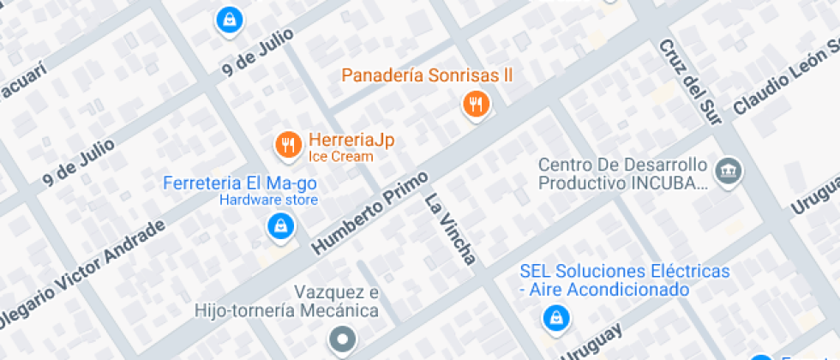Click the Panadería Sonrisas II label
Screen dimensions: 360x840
(427, 75)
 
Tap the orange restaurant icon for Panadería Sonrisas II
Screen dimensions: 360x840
(476, 105)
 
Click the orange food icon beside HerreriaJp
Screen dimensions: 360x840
(289, 145)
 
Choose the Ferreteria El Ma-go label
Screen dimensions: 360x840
(240, 183)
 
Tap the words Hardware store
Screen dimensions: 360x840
(268, 201)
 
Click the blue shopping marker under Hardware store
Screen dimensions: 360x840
(280, 226)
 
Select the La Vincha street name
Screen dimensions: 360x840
(450, 230)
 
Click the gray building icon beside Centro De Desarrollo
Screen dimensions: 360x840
(729, 171)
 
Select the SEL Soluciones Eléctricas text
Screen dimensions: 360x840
(625, 272)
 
